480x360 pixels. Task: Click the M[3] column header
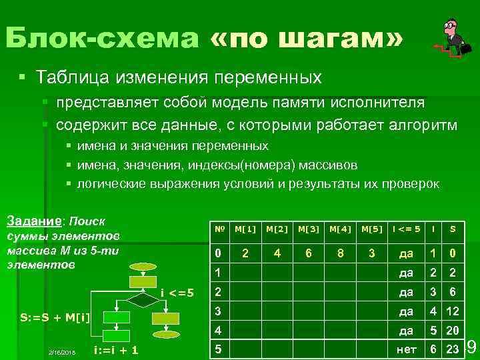click(309, 229)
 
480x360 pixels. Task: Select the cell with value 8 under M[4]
click(341, 253)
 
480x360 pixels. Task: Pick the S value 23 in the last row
click(453, 349)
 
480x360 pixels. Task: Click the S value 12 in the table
click(453, 311)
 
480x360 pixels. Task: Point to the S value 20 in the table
click(453, 330)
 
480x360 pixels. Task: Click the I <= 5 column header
click(405, 229)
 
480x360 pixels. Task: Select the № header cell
click(218, 229)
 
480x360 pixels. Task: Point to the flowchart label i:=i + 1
click(117, 350)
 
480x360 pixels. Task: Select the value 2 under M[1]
click(245, 253)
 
